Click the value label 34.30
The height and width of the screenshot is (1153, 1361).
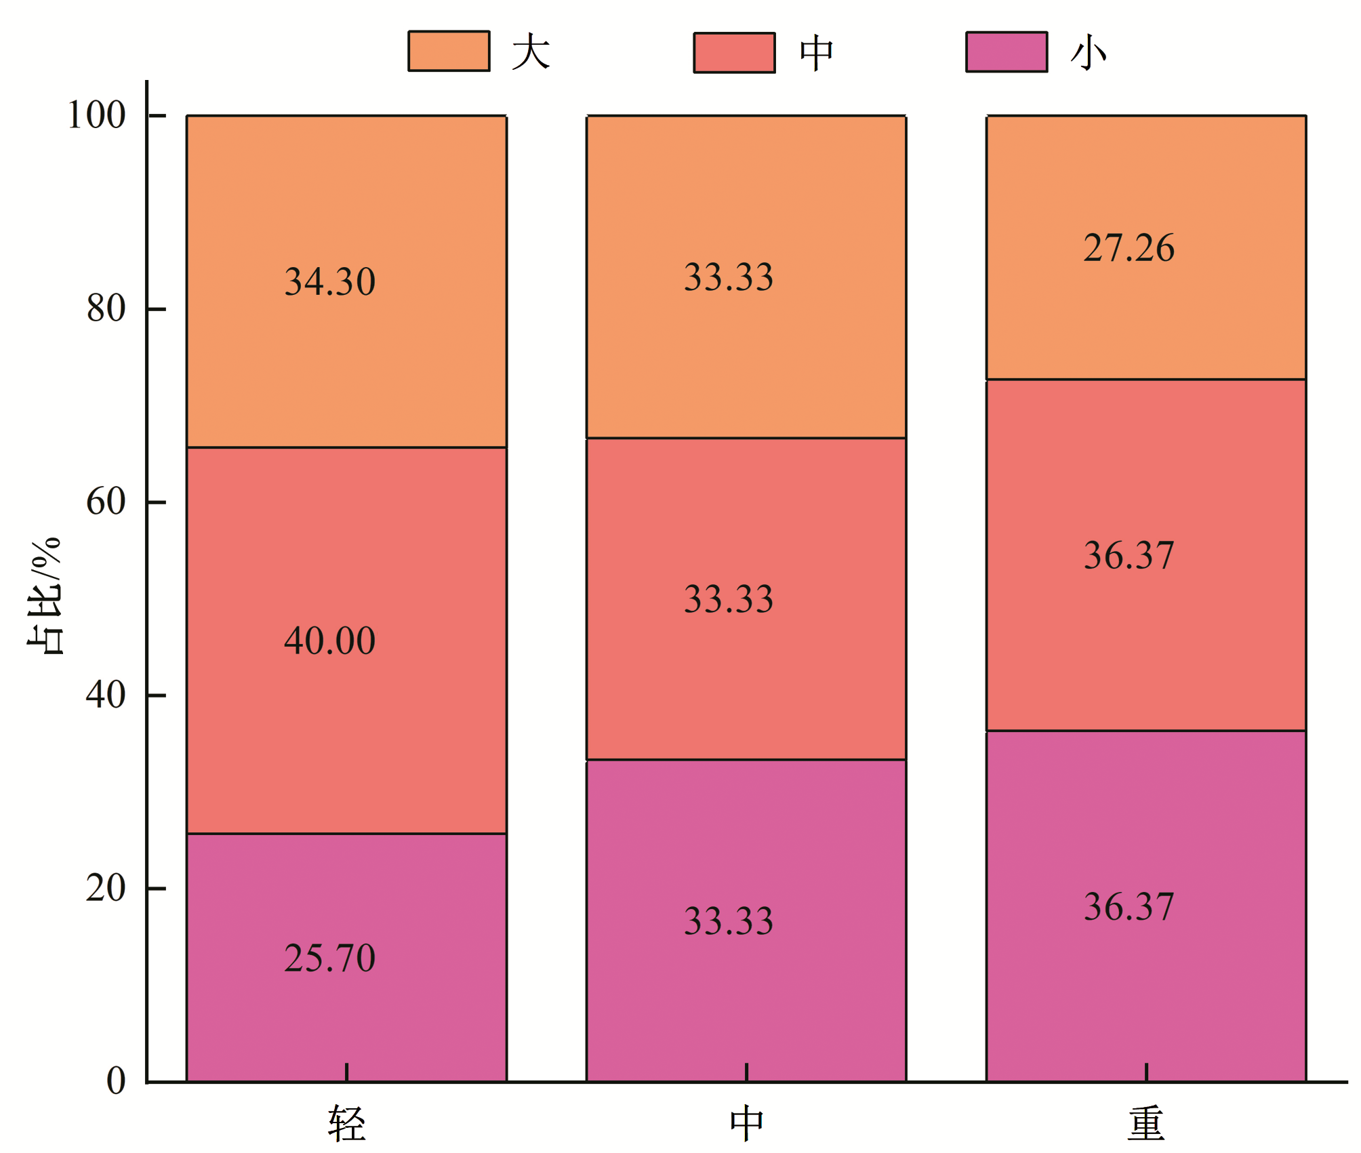[329, 281]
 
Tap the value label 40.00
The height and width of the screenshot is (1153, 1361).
[329, 640]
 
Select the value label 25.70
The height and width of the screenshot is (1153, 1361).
[329, 958]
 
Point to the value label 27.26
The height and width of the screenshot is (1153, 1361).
[1129, 247]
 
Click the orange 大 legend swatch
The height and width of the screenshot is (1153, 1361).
[449, 51]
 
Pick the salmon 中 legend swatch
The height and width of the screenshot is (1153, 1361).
[734, 52]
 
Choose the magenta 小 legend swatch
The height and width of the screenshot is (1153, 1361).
[1007, 52]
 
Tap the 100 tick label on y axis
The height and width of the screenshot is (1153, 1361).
[96, 115]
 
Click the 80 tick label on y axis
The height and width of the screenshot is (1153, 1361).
[106, 308]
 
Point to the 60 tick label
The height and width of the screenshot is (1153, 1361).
[106, 502]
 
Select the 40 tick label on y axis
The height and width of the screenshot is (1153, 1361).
[106, 695]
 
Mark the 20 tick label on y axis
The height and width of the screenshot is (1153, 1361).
[106, 888]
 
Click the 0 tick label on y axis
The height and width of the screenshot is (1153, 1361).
[116, 1080]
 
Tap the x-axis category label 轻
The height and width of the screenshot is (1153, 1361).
[347, 1123]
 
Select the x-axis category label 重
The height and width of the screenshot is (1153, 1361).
[1146, 1123]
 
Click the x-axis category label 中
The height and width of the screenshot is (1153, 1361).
[746, 1123]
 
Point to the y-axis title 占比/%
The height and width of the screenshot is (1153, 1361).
[45, 596]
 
